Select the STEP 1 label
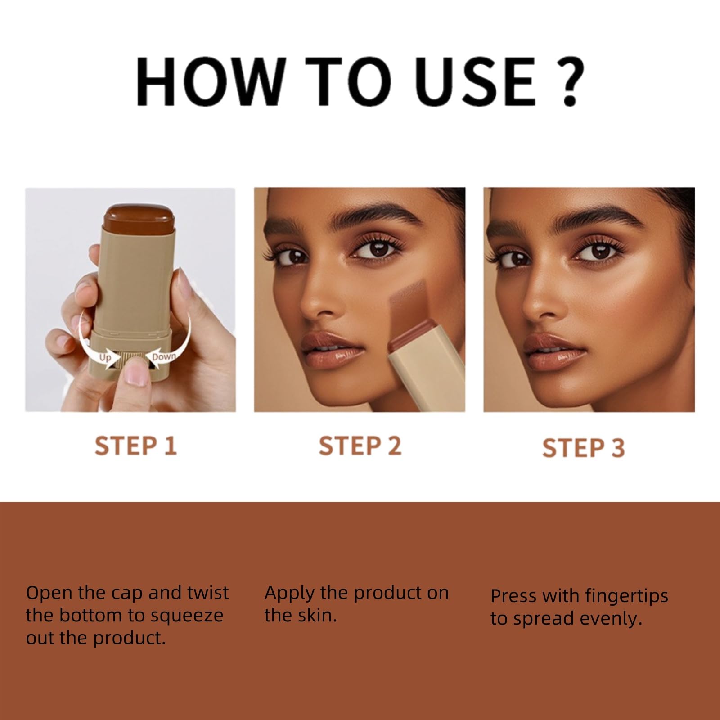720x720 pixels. click(135, 446)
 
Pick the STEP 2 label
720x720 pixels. click(360, 446)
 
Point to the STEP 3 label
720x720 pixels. click(584, 448)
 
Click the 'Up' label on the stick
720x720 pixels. click(105, 358)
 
